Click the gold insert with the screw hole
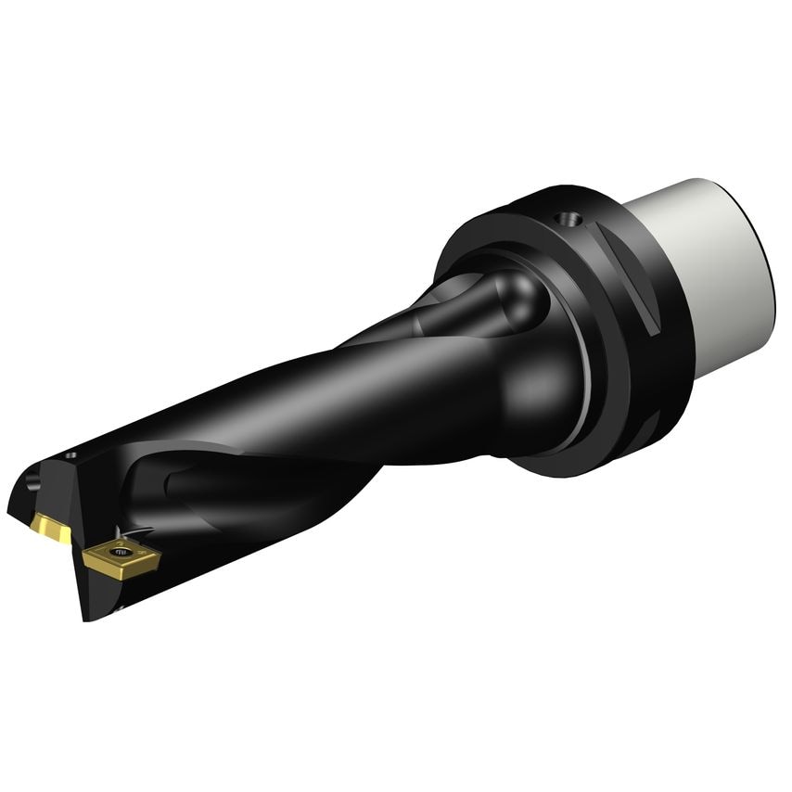[x=121, y=556]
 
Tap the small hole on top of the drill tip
[x=71, y=455]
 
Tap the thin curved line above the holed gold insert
[x=139, y=532]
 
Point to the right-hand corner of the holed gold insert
[x=158, y=556]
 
